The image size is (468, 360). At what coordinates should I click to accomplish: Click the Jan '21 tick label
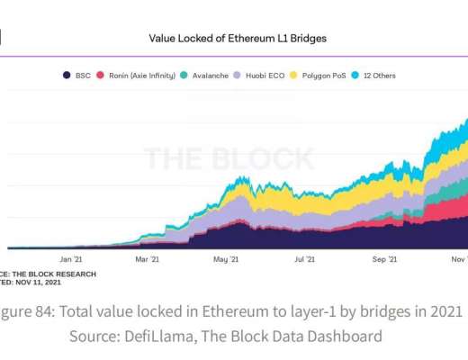[x=71, y=258]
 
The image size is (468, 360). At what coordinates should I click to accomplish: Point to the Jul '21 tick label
[x=304, y=258]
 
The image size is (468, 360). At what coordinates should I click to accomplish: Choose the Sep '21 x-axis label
[x=385, y=258]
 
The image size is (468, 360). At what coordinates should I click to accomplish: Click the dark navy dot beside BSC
[x=66, y=76]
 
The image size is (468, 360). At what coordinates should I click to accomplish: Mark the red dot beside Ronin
[x=101, y=76]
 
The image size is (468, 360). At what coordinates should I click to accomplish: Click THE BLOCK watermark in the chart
[x=229, y=158]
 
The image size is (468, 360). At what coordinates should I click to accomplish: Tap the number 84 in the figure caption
[x=46, y=312]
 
